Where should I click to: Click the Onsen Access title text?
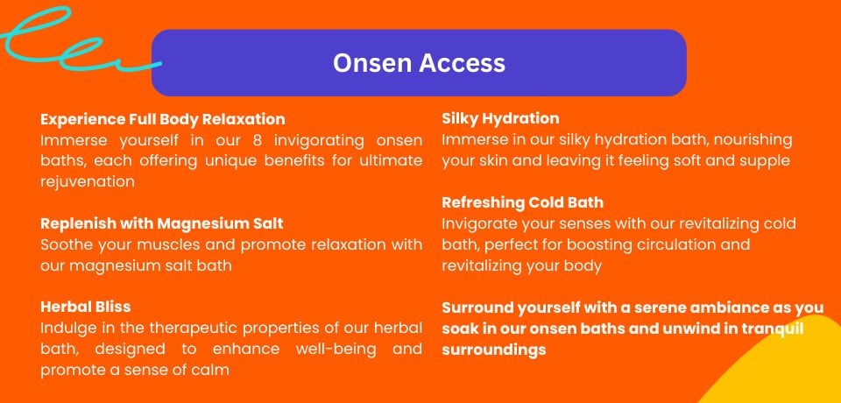click(419, 63)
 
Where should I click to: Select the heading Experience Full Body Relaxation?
click(163, 119)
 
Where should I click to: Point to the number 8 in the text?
click(257, 140)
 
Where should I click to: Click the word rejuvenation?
click(88, 182)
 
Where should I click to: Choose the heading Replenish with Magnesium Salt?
click(162, 223)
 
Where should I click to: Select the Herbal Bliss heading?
click(85, 307)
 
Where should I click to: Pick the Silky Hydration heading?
click(500, 118)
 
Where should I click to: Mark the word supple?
click(764, 161)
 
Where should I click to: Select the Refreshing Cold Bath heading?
click(522, 203)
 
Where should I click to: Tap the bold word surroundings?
click(494, 350)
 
